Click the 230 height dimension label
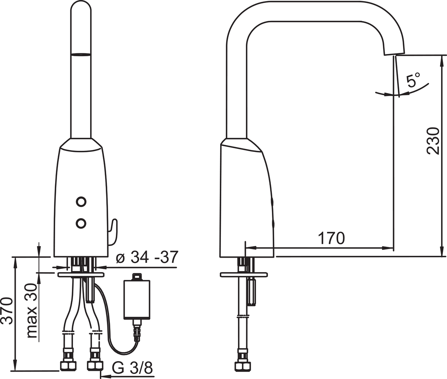[x=433, y=141]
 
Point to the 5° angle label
[x=413, y=80]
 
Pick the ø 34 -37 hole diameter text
[x=147, y=257]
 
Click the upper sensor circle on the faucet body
[x=81, y=202]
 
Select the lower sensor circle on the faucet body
[x=81, y=223]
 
